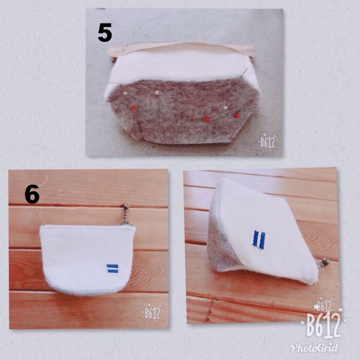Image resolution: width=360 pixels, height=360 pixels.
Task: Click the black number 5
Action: pyautogui.click(x=105, y=33)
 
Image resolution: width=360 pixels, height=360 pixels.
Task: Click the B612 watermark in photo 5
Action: pyautogui.click(x=267, y=142)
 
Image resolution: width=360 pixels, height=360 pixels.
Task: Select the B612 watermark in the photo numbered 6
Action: pyautogui.click(x=152, y=313)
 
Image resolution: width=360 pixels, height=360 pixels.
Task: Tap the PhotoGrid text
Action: pyautogui.click(x=314, y=348)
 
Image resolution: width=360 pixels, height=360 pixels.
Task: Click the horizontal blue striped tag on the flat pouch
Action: pyautogui.click(x=113, y=268)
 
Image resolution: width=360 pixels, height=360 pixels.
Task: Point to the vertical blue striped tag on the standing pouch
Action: pyautogui.click(x=259, y=240)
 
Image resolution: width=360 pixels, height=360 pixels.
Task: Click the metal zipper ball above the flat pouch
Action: pyautogui.click(x=126, y=206)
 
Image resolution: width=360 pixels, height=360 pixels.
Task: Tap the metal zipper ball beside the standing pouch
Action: pyautogui.click(x=326, y=261)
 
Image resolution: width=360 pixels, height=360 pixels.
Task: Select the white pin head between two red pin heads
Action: pyautogui.click(x=226, y=107)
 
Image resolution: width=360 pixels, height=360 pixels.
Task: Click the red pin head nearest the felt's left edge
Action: pyautogui.click(x=133, y=107)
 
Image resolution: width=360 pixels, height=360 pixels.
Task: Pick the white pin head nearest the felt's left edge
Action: pyautogui.click(x=125, y=93)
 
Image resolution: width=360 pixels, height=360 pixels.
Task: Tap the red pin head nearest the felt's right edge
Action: pyautogui.click(x=236, y=115)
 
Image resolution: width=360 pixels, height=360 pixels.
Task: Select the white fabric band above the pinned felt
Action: pyautogui.click(x=182, y=66)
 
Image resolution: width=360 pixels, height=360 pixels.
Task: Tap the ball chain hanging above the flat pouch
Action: pyautogui.click(x=125, y=217)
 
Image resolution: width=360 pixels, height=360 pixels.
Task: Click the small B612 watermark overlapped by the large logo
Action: pyautogui.click(x=324, y=305)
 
